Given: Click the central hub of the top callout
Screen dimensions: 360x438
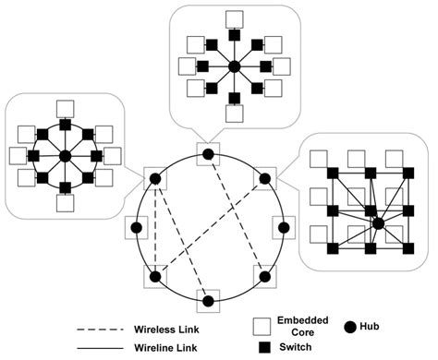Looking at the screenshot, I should click(234, 66).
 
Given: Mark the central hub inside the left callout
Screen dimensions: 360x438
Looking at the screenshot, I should click(64, 158).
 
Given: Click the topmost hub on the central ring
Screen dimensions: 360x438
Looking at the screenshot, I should click(208, 153).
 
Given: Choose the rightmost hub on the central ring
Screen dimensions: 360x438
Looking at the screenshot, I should click(280, 227).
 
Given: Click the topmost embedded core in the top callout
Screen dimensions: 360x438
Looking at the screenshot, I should click(234, 16).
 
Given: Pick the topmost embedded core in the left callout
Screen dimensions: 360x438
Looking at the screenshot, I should click(64, 107).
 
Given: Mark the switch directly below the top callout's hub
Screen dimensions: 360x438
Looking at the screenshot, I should click(234, 96).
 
